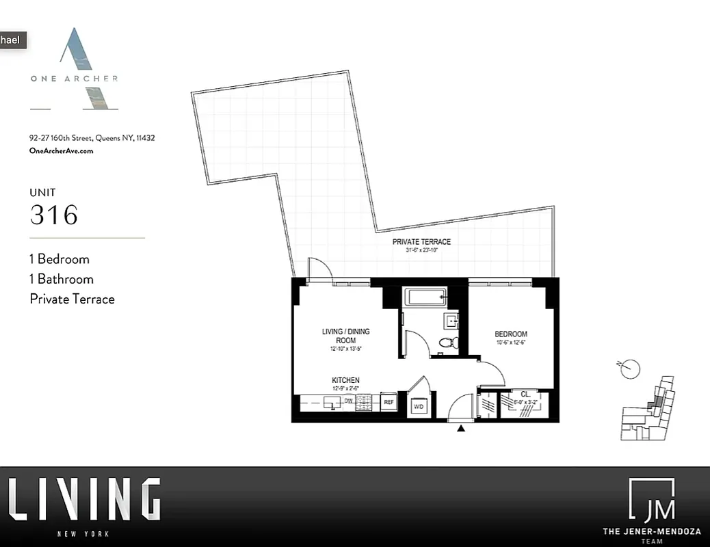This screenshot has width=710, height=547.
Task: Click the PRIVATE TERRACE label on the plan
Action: click(x=421, y=241)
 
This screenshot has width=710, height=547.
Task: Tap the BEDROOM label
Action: click(x=511, y=334)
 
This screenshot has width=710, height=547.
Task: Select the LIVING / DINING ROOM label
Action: click(x=345, y=336)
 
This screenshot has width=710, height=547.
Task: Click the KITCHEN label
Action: click(x=345, y=380)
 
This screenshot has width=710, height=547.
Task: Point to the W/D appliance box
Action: click(x=418, y=406)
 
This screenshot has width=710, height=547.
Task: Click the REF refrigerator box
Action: click(x=388, y=403)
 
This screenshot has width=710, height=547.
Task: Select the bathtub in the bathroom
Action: click(x=425, y=297)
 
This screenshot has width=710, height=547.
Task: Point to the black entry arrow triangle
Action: click(x=461, y=429)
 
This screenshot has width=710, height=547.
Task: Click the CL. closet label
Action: click(x=525, y=394)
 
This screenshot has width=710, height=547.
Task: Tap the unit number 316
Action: click(x=54, y=215)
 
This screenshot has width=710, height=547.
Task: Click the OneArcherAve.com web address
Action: click(x=62, y=151)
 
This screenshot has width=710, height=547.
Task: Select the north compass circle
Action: click(x=631, y=369)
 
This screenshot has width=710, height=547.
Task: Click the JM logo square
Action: click(x=651, y=500)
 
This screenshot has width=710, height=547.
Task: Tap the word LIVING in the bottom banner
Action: click(x=85, y=500)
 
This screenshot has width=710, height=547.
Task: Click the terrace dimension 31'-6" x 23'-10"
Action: click(x=421, y=250)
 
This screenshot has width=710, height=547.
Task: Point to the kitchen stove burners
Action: click(x=363, y=403)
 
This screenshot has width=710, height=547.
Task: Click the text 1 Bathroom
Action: click(x=62, y=279)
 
